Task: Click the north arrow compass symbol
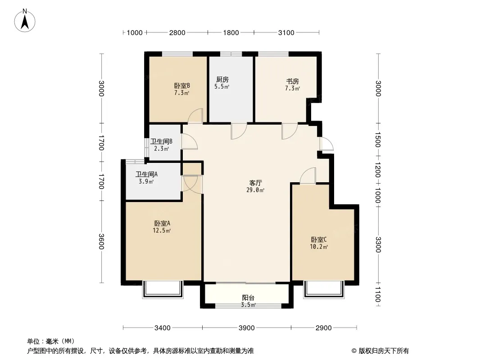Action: (x=25, y=21)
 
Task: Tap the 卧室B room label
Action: (x=182, y=85)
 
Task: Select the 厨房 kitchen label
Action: (x=222, y=80)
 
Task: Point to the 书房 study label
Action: (x=292, y=81)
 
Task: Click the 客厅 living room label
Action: (x=255, y=183)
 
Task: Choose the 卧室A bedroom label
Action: (x=162, y=224)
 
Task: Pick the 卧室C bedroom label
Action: (x=319, y=239)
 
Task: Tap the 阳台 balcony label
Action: (x=248, y=298)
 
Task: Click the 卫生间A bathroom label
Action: (x=146, y=174)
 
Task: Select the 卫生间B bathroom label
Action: (x=161, y=142)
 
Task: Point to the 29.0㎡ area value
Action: (x=255, y=190)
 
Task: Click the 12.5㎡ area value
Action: (x=162, y=230)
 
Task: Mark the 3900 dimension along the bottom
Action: (x=246, y=328)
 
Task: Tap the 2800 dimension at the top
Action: (x=177, y=32)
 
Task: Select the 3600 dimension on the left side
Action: (x=101, y=242)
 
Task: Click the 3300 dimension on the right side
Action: (x=378, y=245)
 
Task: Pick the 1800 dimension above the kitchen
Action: (x=231, y=32)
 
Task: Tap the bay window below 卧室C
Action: (x=324, y=289)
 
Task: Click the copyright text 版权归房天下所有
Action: (x=383, y=351)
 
